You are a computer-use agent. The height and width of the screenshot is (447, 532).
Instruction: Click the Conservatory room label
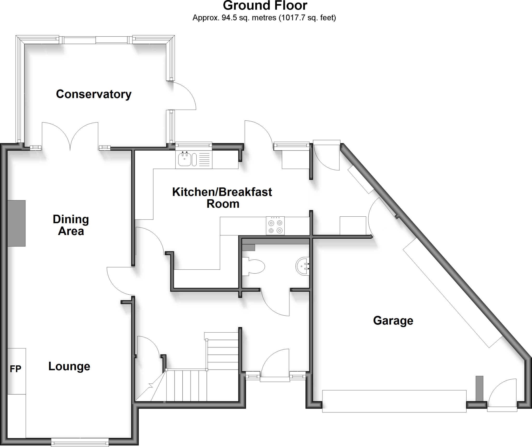pyautogui.click(x=94, y=94)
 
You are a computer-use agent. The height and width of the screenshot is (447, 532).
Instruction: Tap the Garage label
pyautogui.click(x=393, y=321)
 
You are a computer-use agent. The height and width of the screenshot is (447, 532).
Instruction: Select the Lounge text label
pyautogui.click(x=69, y=366)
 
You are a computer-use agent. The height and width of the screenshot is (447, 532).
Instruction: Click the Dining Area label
pyautogui.click(x=71, y=225)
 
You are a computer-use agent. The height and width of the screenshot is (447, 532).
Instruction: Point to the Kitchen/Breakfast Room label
pyautogui.click(x=222, y=198)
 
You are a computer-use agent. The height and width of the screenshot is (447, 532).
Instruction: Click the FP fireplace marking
pyautogui.click(x=15, y=369)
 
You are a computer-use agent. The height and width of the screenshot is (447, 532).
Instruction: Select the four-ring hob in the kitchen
pyautogui.click(x=275, y=226)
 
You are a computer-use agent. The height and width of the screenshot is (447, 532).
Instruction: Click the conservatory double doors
pyautogui.click(x=70, y=137)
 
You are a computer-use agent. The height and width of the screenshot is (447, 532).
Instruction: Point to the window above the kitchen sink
pyautogui.click(x=194, y=146)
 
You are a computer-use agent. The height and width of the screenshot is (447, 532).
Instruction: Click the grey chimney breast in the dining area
pyautogui.click(x=16, y=223)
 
